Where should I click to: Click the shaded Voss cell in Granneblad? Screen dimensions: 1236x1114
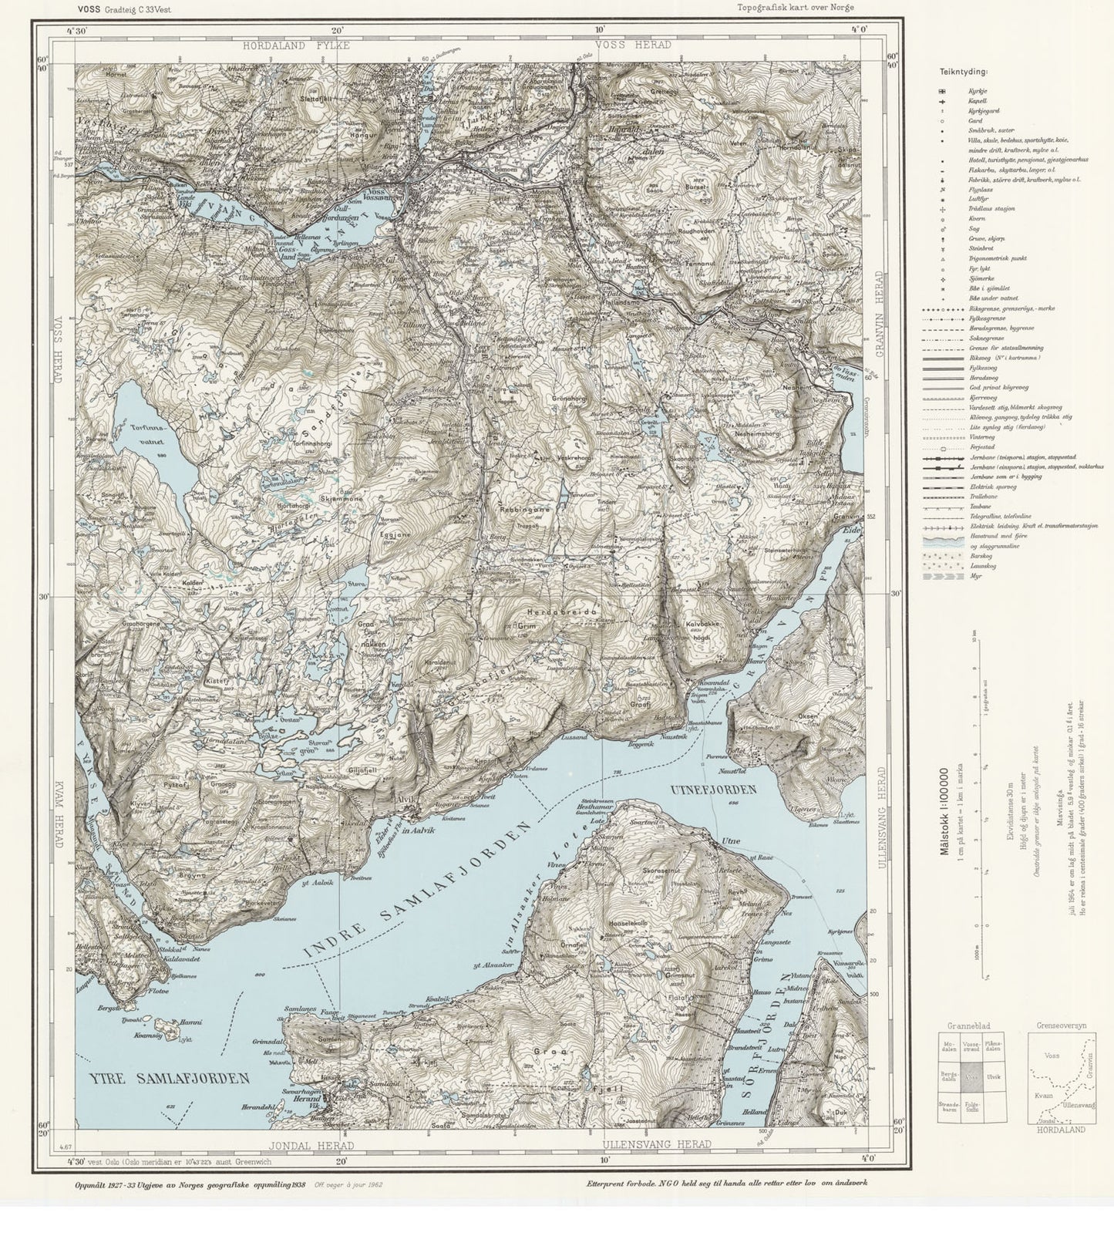[973, 1077]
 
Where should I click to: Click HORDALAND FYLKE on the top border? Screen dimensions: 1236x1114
[296, 45]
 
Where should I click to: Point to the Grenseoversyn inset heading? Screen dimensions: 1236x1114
[1062, 1026]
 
